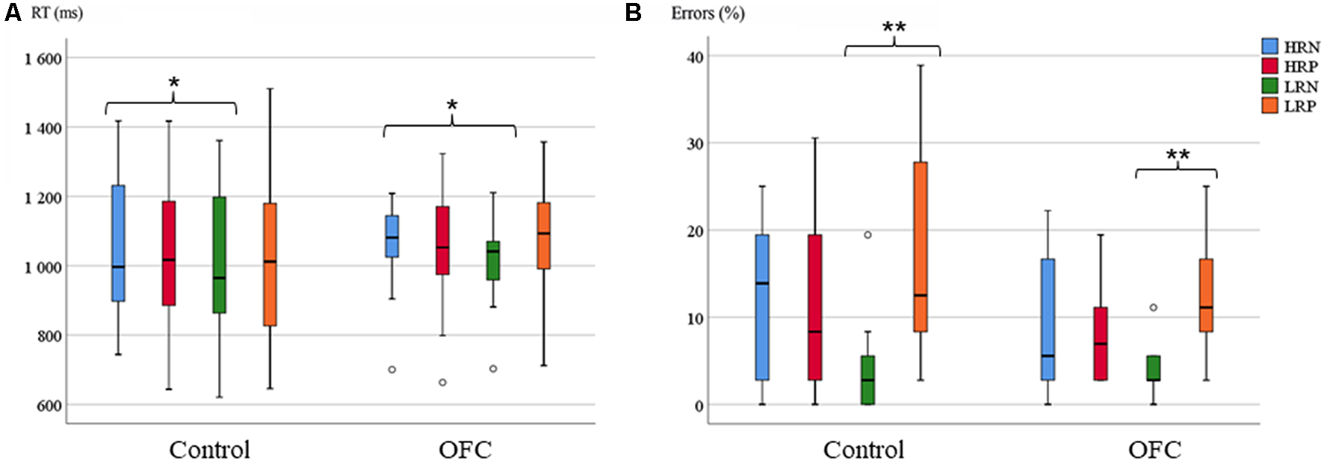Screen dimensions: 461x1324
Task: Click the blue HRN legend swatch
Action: pos(1269,46)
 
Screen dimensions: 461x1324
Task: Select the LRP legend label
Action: pos(1300,106)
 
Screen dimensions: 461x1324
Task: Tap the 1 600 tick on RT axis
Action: pos(43,59)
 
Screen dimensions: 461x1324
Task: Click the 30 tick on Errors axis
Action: pos(695,143)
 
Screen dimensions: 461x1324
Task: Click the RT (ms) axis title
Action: pos(57,13)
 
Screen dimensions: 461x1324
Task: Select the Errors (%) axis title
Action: pos(708,13)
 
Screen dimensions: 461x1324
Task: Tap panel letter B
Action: pos(633,13)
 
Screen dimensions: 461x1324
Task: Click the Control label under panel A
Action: pos(209,450)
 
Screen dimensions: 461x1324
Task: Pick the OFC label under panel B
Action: pos(1154,450)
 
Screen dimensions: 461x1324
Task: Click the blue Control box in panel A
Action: pos(118,243)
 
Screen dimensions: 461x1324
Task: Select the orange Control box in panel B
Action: pos(921,247)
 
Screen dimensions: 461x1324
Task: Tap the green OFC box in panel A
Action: pos(493,261)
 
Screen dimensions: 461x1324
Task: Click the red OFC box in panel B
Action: pos(1101,344)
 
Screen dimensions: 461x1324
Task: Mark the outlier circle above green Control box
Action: pos(867,235)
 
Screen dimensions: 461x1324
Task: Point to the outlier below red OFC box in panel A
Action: pos(442,383)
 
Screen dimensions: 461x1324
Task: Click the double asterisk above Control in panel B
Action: pos(894,28)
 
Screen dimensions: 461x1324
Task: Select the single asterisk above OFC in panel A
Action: pos(452,107)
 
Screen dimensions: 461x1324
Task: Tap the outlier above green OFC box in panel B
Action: pos(1154,307)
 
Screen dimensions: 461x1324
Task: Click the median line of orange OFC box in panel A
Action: pos(544,233)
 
